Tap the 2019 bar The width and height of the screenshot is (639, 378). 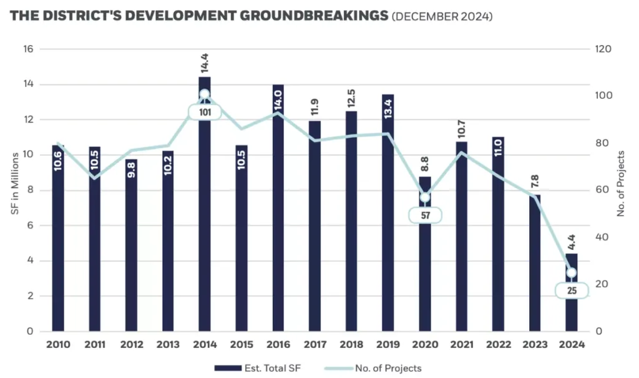tap(388, 212)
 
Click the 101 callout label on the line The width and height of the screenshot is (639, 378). tap(204, 113)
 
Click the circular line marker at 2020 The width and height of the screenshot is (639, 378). tap(424, 197)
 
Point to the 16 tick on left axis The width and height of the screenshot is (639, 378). tap(29, 49)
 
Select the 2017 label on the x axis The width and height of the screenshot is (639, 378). tap(315, 344)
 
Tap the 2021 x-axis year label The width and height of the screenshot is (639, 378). tap(461, 344)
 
